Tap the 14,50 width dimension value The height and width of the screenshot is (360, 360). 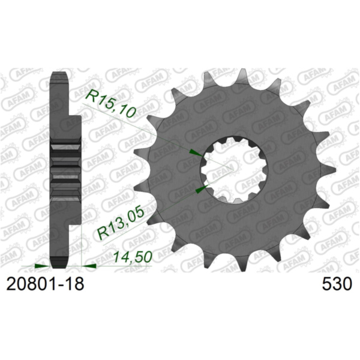(x=131, y=257)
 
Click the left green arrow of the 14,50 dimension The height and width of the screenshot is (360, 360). (x=41, y=264)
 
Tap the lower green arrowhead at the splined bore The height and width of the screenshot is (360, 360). (x=200, y=190)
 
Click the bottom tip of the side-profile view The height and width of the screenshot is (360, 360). (x=59, y=264)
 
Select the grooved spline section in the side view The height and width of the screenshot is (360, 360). (x=66, y=168)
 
